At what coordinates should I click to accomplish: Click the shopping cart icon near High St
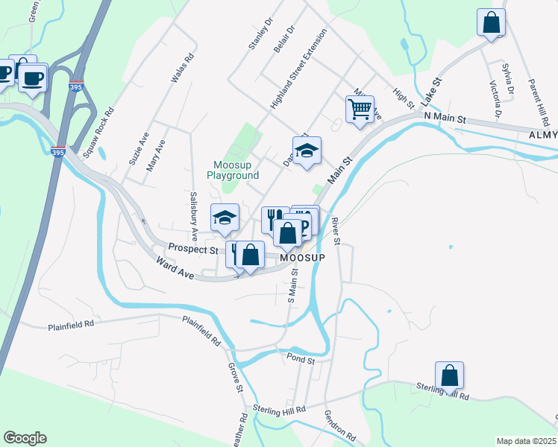[360, 110]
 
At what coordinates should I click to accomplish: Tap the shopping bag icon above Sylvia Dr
[492, 22]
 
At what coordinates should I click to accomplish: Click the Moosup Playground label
[236, 170]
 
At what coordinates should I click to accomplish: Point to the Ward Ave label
[176, 268]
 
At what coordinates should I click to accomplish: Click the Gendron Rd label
[339, 427]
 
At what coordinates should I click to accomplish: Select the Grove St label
[235, 378]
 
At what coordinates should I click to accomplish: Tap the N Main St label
[445, 118]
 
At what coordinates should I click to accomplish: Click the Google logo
[25, 438]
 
